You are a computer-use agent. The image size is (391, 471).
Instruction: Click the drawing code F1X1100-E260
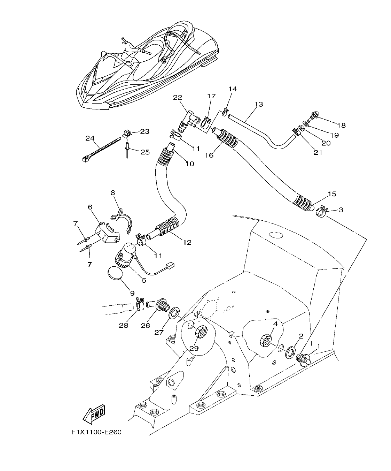(x=96, y=432)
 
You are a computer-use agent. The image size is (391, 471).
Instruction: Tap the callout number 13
(x=258, y=104)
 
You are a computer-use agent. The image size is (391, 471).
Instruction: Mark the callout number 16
(x=209, y=155)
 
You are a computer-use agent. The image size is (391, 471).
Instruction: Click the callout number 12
(x=187, y=242)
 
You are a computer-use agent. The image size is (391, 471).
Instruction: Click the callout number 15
(x=332, y=194)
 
